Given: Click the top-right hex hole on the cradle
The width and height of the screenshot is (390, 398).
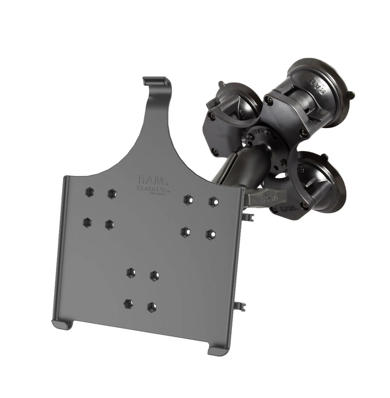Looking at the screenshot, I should tap(214, 200).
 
